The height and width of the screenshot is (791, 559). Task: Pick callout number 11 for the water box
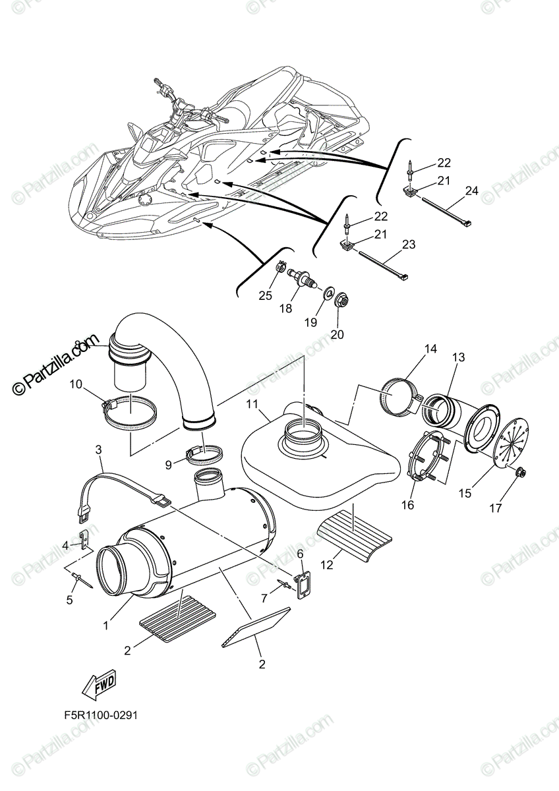coord(252,403)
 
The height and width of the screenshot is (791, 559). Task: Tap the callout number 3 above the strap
coord(98,450)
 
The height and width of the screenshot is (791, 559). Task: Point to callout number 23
coord(409,245)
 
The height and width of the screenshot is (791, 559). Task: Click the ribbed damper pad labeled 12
coord(355,541)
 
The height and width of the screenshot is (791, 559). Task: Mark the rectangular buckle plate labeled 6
coord(300,584)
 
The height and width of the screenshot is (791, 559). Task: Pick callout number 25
coord(265,295)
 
